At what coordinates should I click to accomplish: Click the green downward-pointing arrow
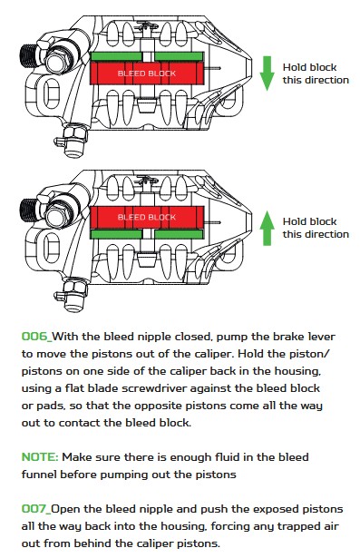coord(267,73)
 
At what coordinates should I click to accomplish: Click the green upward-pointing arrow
coord(267,228)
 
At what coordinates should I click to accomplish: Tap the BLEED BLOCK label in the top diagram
coord(147,73)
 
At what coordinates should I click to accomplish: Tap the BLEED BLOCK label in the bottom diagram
coord(147,217)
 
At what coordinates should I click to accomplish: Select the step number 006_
coord(36,337)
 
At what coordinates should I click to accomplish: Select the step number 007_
coord(36,509)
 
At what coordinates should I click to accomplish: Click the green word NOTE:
coord(40,457)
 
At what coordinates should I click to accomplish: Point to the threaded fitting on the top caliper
coord(29,55)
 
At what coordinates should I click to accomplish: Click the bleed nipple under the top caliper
coord(73,141)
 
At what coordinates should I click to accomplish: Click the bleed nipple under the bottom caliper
coord(73,296)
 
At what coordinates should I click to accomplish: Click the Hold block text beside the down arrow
coord(309,67)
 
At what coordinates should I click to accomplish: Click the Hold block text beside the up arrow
coord(309,221)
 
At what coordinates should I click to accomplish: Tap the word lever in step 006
coord(322,337)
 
